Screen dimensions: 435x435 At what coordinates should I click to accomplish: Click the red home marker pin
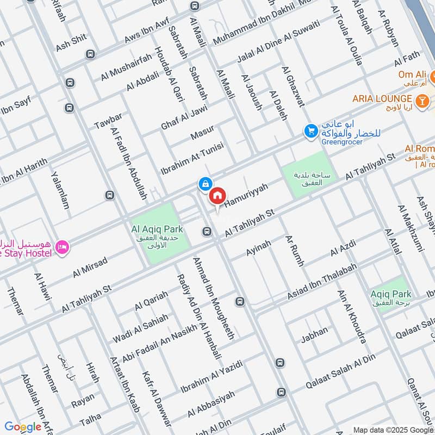tap(217, 196)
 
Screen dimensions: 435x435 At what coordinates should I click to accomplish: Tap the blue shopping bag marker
tap(205, 184)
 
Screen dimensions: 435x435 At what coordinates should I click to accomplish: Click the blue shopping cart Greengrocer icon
tap(310, 131)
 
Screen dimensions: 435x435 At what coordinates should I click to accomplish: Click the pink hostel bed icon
tap(63, 247)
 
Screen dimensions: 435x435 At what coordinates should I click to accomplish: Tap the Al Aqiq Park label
tap(157, 229)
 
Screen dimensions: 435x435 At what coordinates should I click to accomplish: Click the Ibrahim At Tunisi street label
tap(192, 155)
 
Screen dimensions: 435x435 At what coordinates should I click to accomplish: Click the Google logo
tap(22, 427)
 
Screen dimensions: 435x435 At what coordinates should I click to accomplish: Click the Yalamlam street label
tap(60, 190)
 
